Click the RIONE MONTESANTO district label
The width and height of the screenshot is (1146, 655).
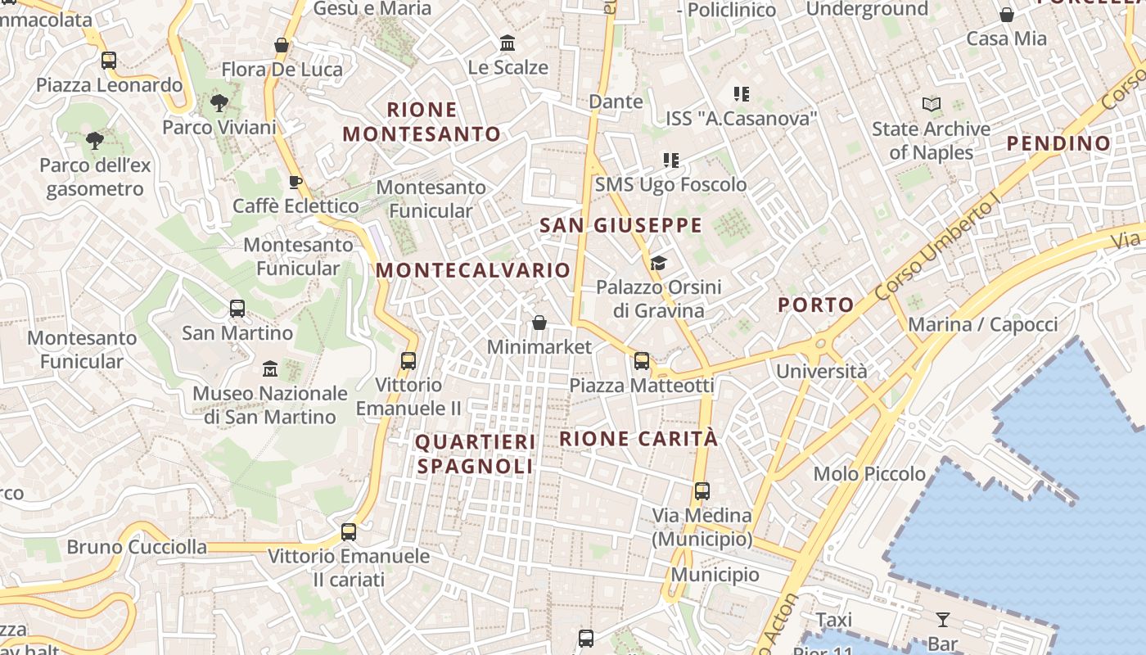(x=422, y=121)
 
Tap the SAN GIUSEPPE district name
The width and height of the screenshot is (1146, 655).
(x=621, y=225)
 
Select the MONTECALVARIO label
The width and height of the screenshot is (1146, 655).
(x=473, y=269)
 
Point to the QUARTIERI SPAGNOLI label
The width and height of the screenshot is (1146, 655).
(x=476, y=454)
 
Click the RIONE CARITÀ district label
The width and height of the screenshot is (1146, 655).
(x=638, y=438)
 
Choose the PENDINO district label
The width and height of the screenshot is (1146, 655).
(x=1058, y=143)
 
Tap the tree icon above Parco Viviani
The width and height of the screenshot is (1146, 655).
(x=219, y=103)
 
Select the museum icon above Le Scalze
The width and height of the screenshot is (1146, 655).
(x=508, y=43)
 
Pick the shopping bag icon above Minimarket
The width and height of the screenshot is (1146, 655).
(x=539, y=323)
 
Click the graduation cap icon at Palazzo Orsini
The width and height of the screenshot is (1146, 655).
(x=658, y=263)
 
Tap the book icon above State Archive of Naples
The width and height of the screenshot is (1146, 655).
(x=931, y=105)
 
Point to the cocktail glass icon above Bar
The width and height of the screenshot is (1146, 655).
(x=943, y=620)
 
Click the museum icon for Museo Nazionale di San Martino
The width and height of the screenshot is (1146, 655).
(x=270, y=369)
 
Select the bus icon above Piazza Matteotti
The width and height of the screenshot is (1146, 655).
(x=642, y=360)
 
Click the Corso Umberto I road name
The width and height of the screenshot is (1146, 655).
(x=937, y=250)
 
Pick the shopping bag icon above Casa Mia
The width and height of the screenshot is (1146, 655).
(x=1007, y=15)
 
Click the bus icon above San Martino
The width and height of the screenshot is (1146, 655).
(x=237, y=309)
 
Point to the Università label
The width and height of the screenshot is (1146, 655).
(x=821, y=371)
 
